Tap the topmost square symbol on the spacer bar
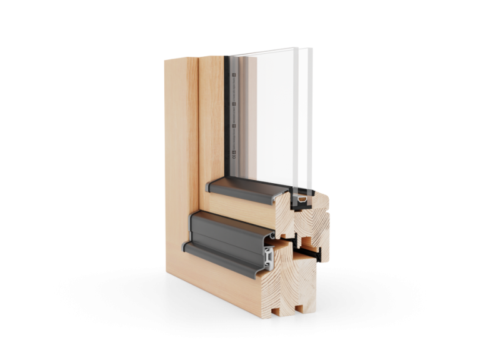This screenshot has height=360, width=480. [232, 77]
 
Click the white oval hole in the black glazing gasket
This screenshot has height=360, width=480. [302, 199]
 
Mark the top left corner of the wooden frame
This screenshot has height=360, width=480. [164, 59]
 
